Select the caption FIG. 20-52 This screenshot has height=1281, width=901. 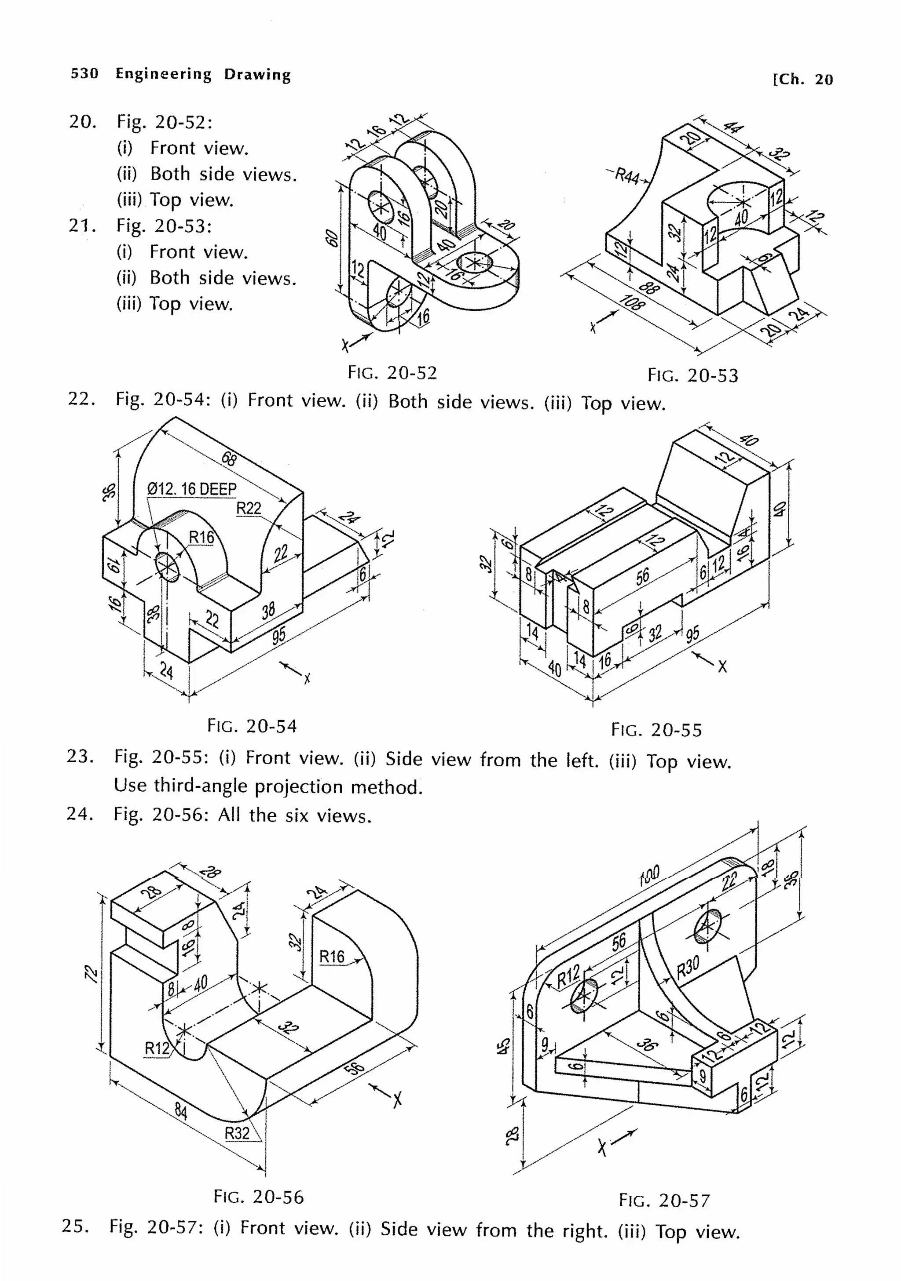coord(392,373)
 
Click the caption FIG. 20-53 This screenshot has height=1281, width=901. coord(692,375)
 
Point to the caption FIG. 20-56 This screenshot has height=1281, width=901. coord(258,1197)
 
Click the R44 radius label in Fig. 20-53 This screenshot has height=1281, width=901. coord(627,176)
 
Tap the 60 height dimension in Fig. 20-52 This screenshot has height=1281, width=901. coord(332,239)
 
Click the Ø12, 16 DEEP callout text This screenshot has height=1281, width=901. coord(191,489)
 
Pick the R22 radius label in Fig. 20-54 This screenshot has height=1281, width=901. coord(249,508)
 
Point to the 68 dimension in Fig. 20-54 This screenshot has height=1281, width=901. coord(229,459)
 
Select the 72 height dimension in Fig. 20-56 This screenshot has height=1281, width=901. coord(91,974)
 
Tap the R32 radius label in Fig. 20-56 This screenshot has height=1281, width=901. coord(237,1133)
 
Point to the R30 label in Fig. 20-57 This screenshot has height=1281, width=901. coord(687,968)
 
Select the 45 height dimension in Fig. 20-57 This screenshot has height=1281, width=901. coord(503,1045)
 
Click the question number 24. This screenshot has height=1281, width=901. coord(80,814)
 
